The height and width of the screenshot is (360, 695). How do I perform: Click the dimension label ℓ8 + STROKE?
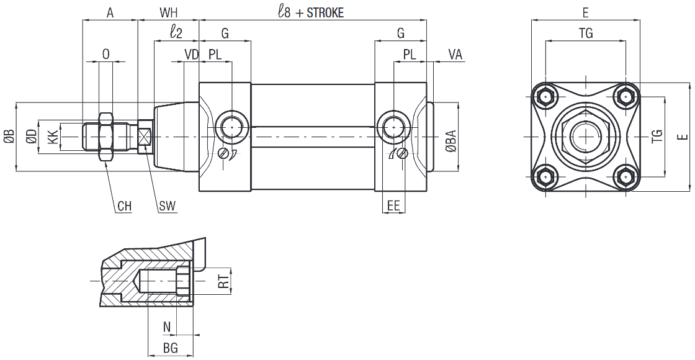(x=311, y=12)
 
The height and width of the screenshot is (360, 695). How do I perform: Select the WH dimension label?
(x=168, y=12)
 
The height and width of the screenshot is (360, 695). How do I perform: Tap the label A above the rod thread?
(x=110, y=12)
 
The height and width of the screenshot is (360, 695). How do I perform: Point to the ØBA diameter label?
(x=451, y=142)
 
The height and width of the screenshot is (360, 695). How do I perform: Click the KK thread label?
(x=54, y=136)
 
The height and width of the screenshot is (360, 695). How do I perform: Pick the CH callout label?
(x=124, y=206)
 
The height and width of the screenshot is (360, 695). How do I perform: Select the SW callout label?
(x=166, y=206)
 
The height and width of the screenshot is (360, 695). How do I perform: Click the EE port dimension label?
(x=393, y=206)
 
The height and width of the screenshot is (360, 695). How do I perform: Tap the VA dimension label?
(x=455, y=54)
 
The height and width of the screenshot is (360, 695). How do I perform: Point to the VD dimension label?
(x=191, y=54)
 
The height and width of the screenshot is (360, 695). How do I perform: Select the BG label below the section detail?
(x=170, y=349)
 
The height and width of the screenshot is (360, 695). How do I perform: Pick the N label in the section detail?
(x=166, y=327)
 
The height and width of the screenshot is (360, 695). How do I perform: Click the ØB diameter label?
(x=9, y=136)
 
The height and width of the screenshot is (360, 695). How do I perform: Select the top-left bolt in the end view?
(x=545, y=97)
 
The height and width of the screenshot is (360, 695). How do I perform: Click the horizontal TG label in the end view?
(x=585, y=34)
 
